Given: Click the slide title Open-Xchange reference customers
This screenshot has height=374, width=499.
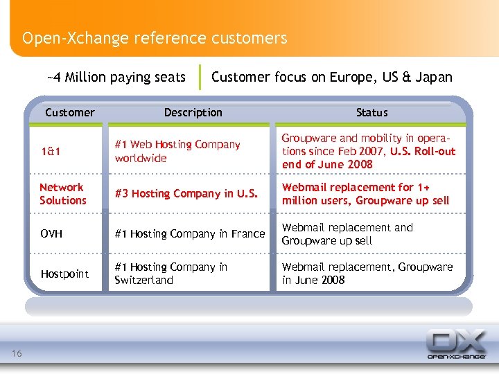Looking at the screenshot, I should (154, 37).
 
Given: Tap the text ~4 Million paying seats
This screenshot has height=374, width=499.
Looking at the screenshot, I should (116, 77).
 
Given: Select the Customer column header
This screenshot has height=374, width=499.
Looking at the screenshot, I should (69, 112).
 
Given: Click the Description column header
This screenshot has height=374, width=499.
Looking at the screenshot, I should (193, 112).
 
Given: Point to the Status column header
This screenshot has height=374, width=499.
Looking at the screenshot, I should (371, 112).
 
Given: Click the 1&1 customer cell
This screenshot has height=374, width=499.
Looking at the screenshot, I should (49, 152).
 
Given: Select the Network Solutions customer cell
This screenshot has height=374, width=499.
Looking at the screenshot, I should (62, 194).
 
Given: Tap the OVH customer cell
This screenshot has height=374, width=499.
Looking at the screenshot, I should (51, 234).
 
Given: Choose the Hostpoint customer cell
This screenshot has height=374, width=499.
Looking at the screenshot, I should (64, 274).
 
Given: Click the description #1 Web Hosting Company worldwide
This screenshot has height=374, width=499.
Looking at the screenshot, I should (177, 151).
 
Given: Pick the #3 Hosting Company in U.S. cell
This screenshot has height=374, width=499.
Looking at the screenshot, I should (185, 194).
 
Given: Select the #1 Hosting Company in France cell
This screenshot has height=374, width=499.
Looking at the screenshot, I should (189, 234).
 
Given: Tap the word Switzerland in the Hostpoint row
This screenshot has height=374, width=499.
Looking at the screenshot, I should (143, 280).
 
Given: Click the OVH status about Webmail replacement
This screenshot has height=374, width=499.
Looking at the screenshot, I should (347, 234).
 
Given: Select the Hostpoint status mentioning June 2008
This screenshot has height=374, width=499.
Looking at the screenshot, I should (367, 274).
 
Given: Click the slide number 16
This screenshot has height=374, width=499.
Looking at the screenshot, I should (17, 355).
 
